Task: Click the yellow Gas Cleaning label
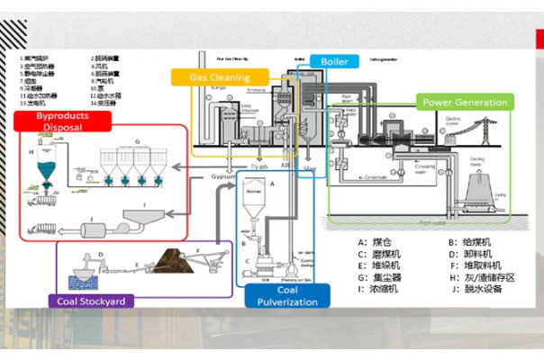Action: pyautogui.click(x=219, y=78)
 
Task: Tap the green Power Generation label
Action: pyautogui.click(x=465, y=103)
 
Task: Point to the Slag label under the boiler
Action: pyautogui.click(x=309, y=168)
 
